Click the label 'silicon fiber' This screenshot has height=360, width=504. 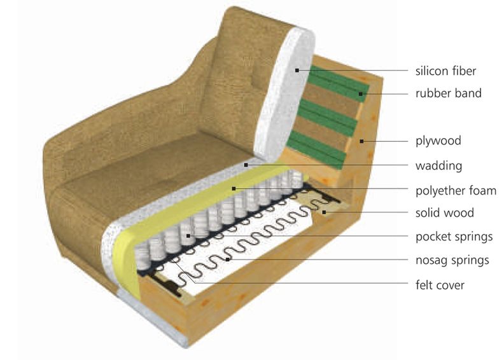click(445, 71)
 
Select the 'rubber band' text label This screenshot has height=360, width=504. click(449, 93)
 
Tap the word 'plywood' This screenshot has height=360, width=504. click(438, 141)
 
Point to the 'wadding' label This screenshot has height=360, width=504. click(438, 166)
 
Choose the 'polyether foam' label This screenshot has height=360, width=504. click(456, 190)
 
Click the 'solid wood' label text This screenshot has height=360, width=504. click(445, 212)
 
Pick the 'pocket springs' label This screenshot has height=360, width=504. click(454, 237)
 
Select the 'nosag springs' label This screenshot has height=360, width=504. click(452, 260)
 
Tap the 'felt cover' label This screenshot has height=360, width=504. click(440, 285)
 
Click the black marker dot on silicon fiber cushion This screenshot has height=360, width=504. click(297, 70)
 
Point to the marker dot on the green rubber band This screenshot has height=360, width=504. click(361, 93)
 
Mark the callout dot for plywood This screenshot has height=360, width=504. click(361, 141)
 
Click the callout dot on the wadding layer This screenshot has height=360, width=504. click(246, 165)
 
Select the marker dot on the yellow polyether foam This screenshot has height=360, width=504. click(234, 188)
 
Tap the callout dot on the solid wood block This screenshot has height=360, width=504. click(325, 212)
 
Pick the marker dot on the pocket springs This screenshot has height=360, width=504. click(188, 236)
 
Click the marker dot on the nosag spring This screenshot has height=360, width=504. click(228, 259)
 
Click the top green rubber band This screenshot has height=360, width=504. click(338, 84)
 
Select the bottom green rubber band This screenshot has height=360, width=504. click(317, 150)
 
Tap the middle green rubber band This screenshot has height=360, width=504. click(328, 118)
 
